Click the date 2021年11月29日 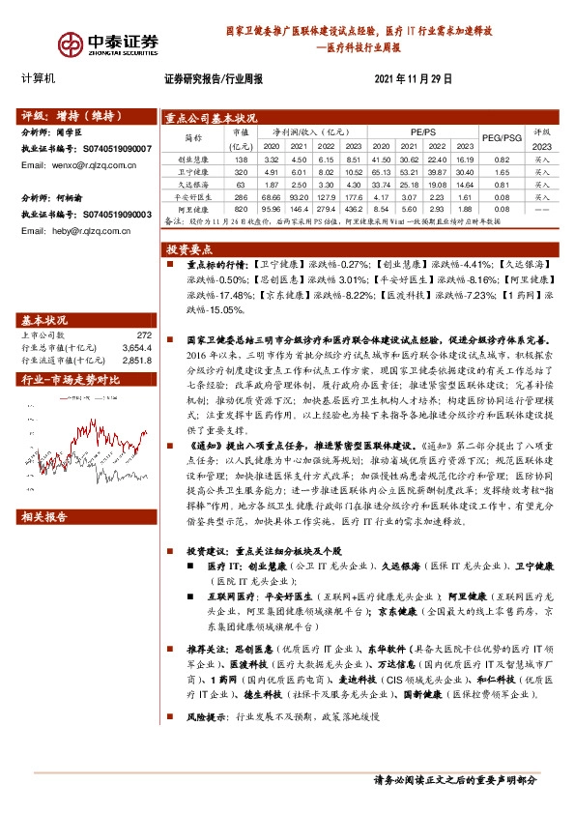[x=413, y=78]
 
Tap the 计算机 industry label [x=39, y=77]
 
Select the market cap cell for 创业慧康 [x=242, y=160]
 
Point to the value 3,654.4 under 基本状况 [x=137, y=347]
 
